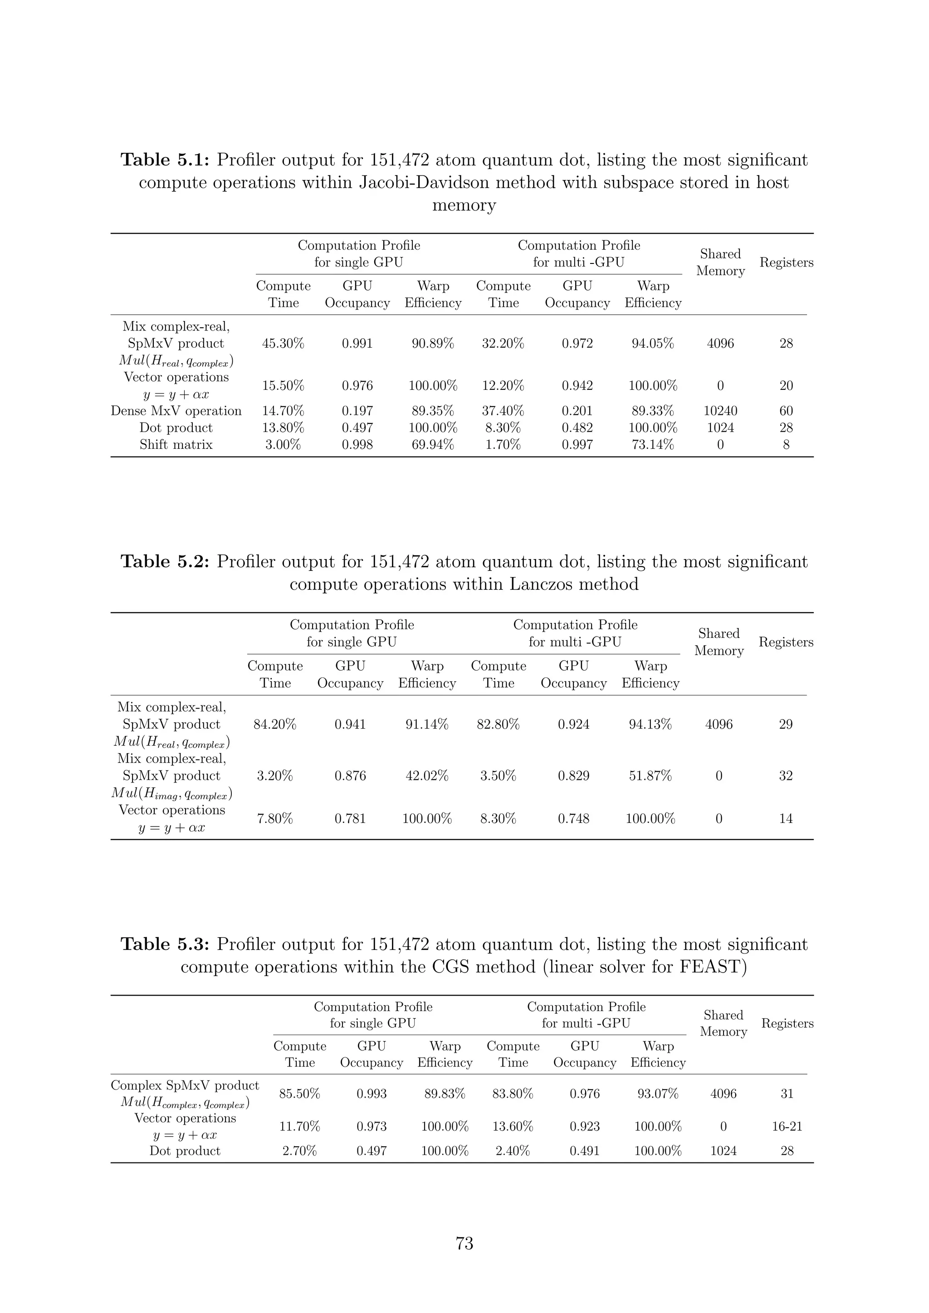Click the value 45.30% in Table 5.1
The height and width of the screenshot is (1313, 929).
[283, 344]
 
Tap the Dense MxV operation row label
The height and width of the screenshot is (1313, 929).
[176, 411]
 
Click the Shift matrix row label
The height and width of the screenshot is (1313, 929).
[176, 445]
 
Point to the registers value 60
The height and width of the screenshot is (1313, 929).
[786, 411]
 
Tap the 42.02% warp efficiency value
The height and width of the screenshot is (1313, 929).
[427, 776]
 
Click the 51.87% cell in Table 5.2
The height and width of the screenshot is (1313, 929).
[650, 776]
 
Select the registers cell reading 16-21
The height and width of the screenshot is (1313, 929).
[787, 1127]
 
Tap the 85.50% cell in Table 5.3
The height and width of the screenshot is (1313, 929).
[300, 1094]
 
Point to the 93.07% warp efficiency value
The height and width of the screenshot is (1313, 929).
[658, 1094]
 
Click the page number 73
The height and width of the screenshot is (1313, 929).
[464, 1243]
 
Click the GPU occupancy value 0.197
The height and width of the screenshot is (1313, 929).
[357, 411]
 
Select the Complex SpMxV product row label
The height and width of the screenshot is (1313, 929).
[185, 1085]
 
